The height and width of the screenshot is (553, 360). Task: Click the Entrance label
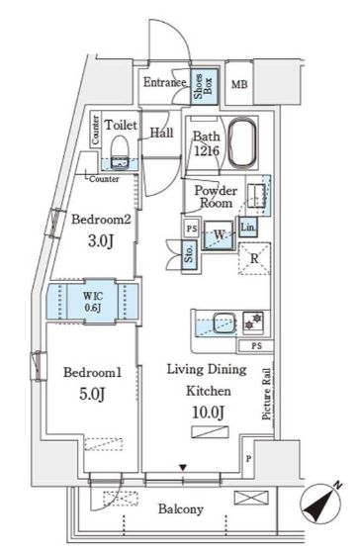pos(164,83)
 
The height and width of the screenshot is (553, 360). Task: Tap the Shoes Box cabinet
pos(201,87)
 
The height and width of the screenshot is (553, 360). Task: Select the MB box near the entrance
pos(239,86)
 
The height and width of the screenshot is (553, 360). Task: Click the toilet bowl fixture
pos(121,149)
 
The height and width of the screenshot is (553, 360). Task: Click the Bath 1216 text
pos(206,143)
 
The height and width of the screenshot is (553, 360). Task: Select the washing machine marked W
pos(219,234)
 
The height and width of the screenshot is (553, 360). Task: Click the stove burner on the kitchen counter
pos(255,321)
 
